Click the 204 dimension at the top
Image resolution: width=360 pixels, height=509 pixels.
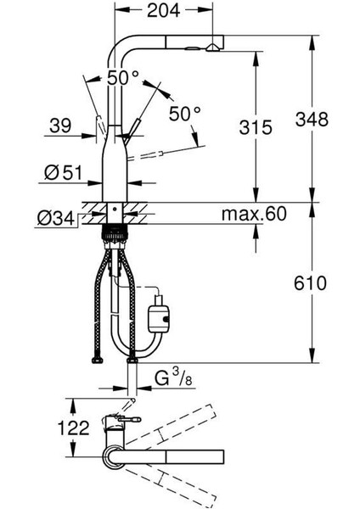click(163, 10)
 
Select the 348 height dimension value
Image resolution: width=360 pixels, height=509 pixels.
click(312, 119)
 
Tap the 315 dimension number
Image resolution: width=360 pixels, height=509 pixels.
click(256, 127)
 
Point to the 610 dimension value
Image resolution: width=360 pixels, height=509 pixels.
click(310, 283)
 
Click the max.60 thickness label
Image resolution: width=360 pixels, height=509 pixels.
click(254, 214)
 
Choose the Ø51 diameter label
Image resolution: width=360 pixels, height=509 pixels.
click(64, 173)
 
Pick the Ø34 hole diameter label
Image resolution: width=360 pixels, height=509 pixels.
click(56, 219)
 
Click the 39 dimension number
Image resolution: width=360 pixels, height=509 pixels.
click(60, 126)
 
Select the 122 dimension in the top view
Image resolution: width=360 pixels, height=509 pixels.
click(73, 428)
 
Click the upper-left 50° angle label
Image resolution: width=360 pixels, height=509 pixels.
click(123, 78)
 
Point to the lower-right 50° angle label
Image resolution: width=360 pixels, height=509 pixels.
click(185, 114)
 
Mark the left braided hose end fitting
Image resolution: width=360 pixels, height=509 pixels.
click(97, 360)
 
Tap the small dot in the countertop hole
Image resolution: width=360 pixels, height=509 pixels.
click(114, 210)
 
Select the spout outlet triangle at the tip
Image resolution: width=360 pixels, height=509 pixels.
click(212, 48)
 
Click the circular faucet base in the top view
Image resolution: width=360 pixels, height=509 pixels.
click(114, 456)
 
